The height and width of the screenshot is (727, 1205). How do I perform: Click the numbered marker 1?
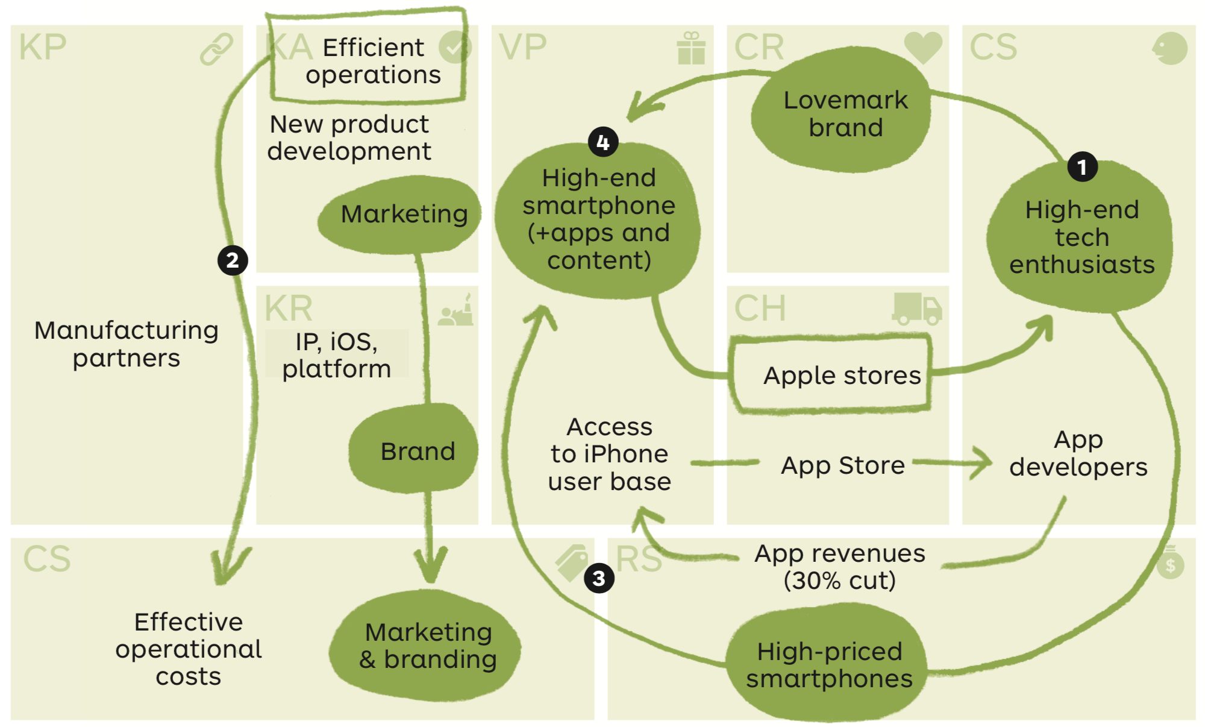[1082, 167]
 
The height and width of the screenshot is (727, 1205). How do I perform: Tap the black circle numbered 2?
[233, 260]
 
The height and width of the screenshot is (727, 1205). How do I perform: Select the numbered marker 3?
[599, 578]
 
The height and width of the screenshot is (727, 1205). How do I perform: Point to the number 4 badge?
[603, 142]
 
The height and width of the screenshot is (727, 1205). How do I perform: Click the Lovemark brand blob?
[842, 112]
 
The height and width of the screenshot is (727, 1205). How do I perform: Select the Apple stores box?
[830, 375]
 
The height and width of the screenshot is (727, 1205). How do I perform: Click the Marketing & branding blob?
[425, 646]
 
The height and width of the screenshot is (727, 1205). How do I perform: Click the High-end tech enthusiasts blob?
[1080, 236]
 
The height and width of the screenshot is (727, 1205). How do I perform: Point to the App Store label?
[843, 465]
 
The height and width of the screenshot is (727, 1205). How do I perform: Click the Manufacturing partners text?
[127, 344]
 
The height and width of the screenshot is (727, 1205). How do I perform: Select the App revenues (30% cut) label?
[840, 567]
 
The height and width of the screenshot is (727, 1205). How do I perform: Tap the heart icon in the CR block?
[923, 47]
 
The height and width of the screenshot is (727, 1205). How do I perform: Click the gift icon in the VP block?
[691, 48]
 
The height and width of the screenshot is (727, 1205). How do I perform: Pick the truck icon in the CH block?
[917, 309]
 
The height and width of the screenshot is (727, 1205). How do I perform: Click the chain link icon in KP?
[216, 49]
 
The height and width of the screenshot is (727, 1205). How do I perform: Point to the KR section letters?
[289, 308]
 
